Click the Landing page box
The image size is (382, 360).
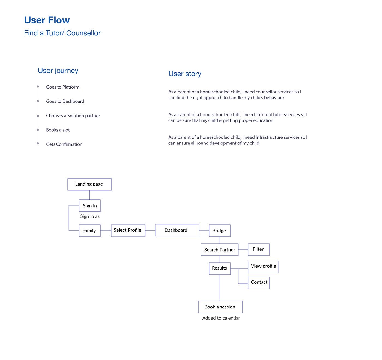pos(89,184)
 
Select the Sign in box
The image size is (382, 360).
pos(90,206)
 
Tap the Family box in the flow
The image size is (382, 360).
pos(90,231)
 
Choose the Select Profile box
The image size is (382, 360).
pos(128,230)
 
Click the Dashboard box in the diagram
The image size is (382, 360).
pos(177,230)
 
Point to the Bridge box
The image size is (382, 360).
pos(220,231)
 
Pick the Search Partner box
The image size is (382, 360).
pos(220,250)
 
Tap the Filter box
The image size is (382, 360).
pos(258,249)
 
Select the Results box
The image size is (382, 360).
pos(220,268)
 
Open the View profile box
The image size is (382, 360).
pos(263,266)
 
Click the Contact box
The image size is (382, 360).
pos(259,283)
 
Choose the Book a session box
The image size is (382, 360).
pos(220,307)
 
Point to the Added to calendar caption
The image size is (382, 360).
pos(221,318)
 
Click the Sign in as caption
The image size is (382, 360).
pos(90,216)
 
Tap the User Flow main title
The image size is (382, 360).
pos(47,20)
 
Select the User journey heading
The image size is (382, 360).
pos(58,71)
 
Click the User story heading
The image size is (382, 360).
pos(185,74)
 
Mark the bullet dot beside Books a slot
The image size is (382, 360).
pos(38,130)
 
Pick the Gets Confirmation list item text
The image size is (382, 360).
pos(64,144)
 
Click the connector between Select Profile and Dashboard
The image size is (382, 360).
pos(150,230)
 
